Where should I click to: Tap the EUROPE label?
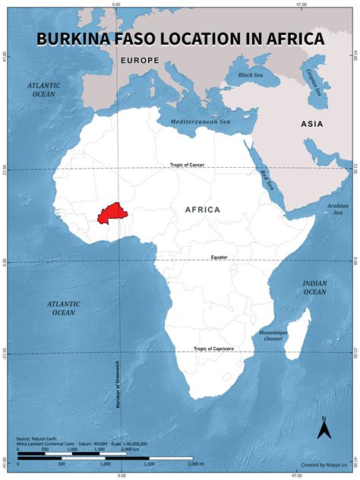click(x=139, y=59)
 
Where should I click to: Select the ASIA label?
click(x=312, y=124)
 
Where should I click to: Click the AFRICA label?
click(x=203, y=209)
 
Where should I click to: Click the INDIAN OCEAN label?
click(x=314, y=287)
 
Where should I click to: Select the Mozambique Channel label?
click(x=275, y=335)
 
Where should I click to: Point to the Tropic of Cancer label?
click(x=188, y=165)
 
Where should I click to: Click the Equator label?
click(x=219, y=257)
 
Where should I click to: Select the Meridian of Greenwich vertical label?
click(x=118, y=384)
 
